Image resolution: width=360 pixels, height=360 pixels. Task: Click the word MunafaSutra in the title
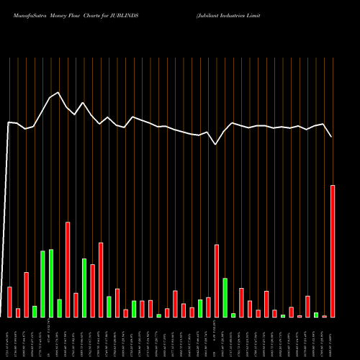click(24, 14)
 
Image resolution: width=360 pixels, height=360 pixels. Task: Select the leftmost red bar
click(9, 302)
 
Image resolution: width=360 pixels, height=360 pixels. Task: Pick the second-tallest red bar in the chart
click(68, 269)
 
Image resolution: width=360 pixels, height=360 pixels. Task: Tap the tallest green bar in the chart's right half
click(225, 297)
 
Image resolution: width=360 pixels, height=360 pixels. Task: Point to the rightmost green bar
click(315, 315)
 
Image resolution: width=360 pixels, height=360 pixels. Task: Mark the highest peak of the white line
click(58, 92)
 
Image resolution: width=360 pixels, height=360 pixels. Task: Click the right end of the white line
click(332, 137)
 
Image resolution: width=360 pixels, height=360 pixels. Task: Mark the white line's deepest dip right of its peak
click(216, 145)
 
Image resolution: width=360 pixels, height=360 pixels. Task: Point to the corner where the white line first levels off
click(9, 122)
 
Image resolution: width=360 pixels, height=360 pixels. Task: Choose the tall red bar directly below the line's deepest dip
click(216, 281)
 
